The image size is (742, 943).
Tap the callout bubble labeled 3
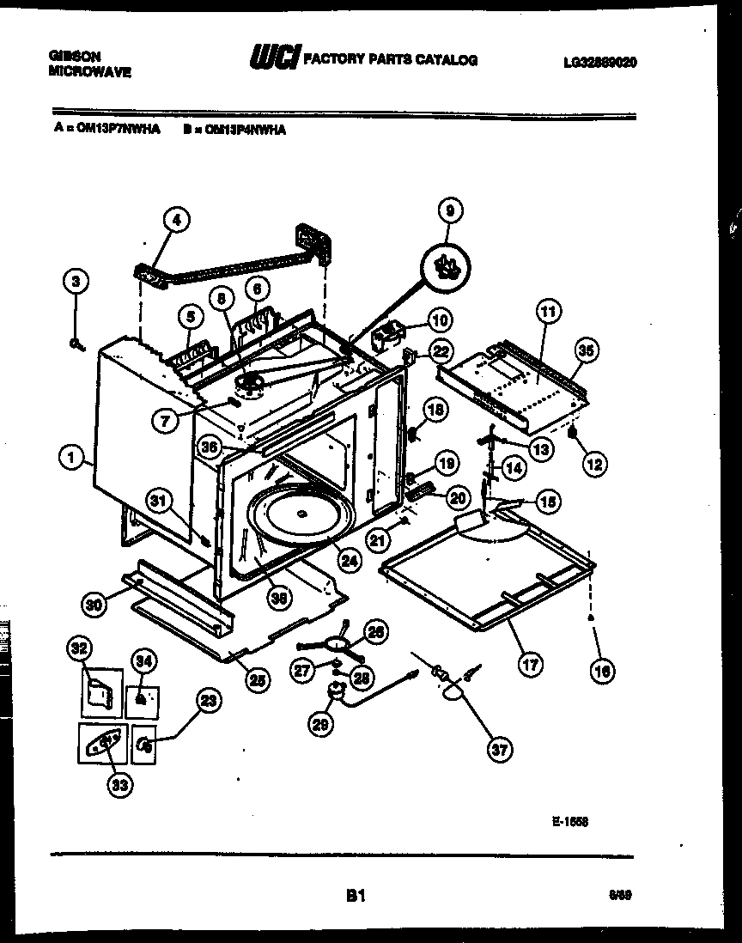coord(76,282)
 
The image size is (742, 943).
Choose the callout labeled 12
coord(593,464)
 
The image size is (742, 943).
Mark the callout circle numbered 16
coord(604,672)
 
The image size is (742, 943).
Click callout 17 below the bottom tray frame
coord(530,663)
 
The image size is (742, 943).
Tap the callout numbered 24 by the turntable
coord(348,561)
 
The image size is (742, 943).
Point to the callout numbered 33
coord(121,784)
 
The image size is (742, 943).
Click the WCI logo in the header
coord(273,59)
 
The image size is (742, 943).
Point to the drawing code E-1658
coord(569,821)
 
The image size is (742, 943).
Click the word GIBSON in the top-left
coord(76,57)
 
